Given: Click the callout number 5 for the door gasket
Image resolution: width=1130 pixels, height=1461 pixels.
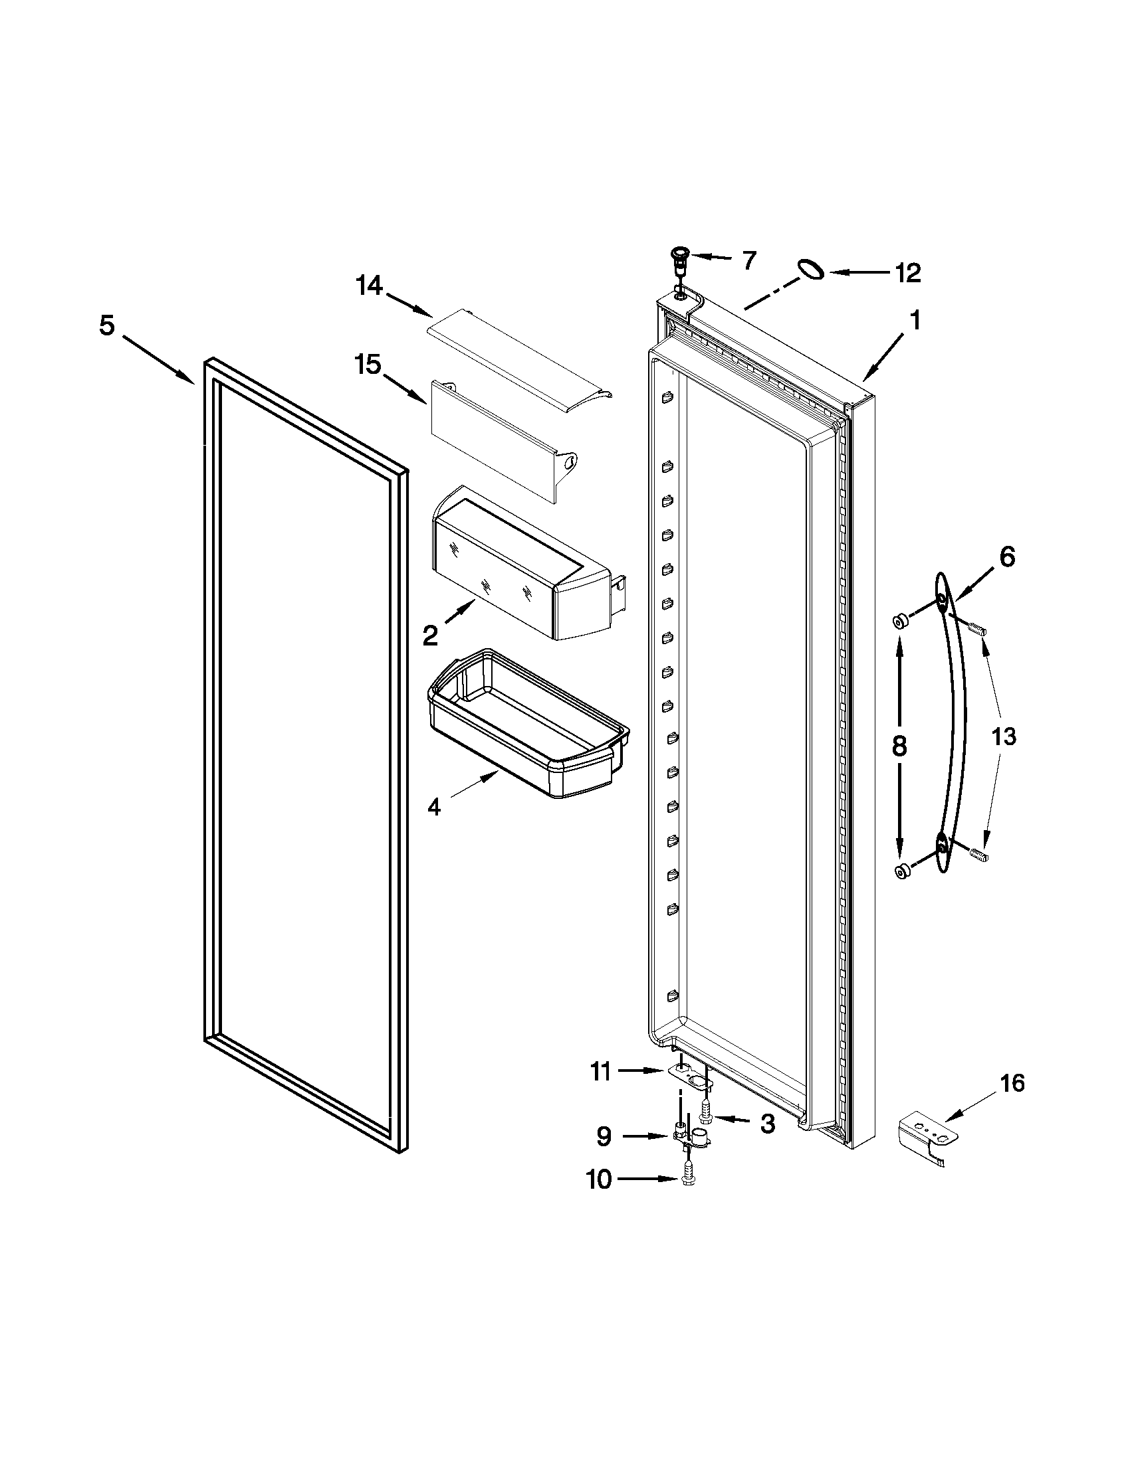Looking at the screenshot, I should pos(107,326).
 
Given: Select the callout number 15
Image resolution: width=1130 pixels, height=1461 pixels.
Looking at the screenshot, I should pos(368,365).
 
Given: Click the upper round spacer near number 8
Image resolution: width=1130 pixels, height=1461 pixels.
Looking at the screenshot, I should pos(899,623).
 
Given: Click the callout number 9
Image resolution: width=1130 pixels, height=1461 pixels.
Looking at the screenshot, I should pos(604,1136).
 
